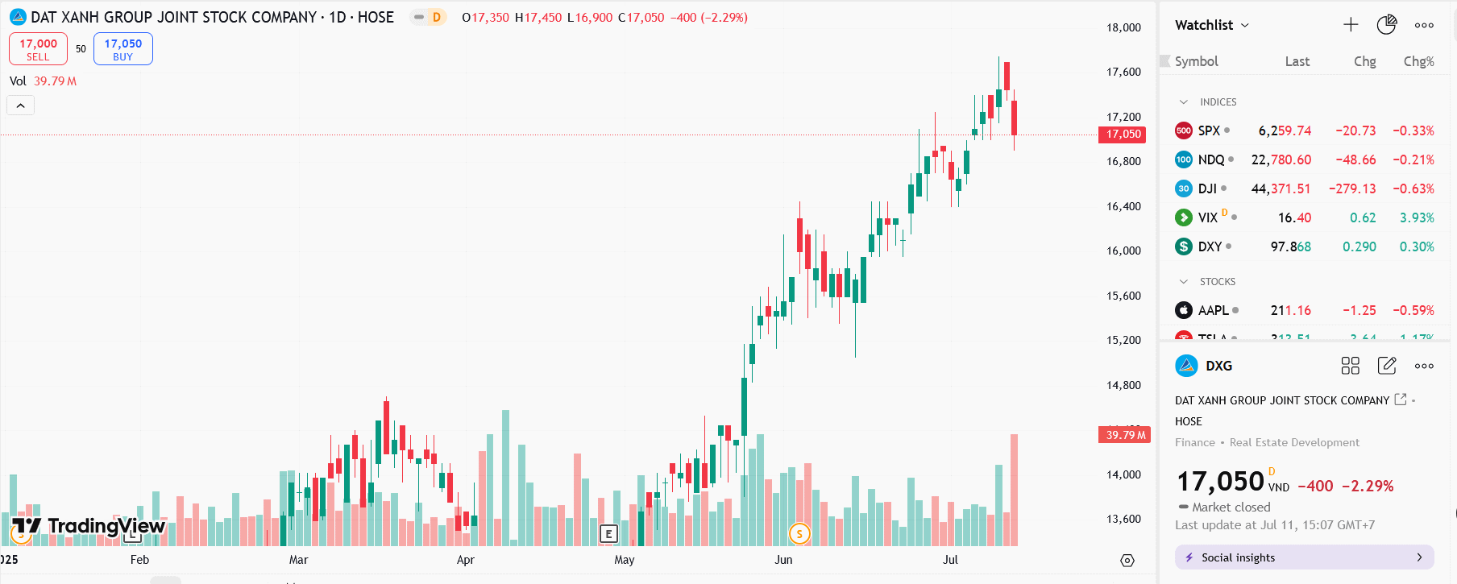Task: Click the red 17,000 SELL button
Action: click(38, 49)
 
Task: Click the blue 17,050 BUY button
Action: click(122, 49)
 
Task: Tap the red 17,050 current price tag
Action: click(1123, 135)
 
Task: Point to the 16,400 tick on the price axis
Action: click(1123, 206)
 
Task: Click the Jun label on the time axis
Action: click(783, 560)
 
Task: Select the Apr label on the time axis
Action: click(465, 560)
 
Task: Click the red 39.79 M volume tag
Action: click(1125, 435)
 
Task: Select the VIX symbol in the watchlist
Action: click(1207, 217)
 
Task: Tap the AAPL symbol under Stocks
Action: click(1213, 310)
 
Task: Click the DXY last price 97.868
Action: click(1290, 246)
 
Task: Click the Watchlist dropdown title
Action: click(1211, 25)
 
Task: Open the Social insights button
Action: click(1304, 557)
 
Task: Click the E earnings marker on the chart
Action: click(608, 533)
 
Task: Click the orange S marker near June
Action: click(799, 533)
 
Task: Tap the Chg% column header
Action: click(1418, 61)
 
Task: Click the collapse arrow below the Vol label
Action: click(21, 106)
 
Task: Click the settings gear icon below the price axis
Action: click(1127, 561)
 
